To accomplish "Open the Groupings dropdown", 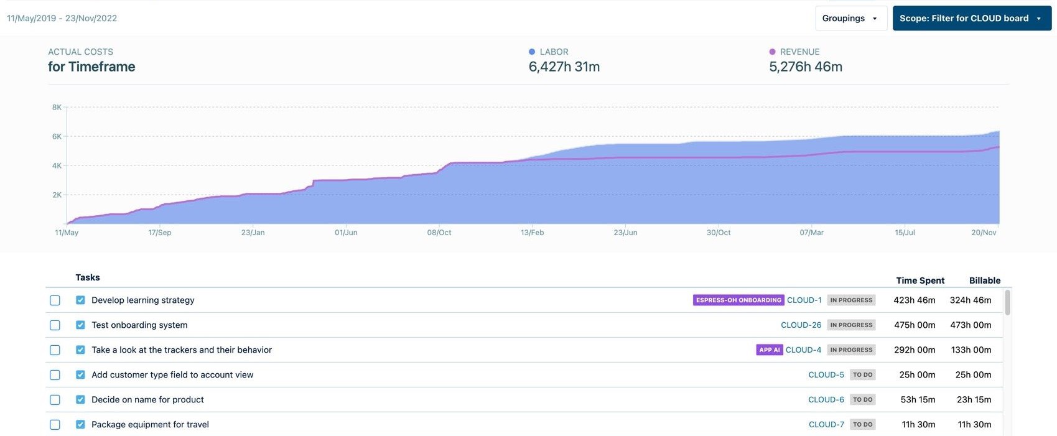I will click(x=850, y=19).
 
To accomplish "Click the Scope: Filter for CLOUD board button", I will click(x=971, y=19).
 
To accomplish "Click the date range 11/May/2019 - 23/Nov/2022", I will click(x=62, y=19).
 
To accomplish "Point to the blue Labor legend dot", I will click(x=532, y=52).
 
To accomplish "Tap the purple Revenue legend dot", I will click(x=773, y=52).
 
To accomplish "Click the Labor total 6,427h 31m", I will click(x=564, y=67).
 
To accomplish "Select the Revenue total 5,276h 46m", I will click(x=806, y=67).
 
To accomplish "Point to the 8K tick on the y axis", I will click(x=57, y=108).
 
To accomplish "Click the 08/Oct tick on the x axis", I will click(x=439, y=233).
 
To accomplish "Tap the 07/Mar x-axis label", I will click(x=811, y=233).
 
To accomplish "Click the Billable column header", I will click(x=984, y=281).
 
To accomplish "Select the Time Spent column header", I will click(x=920, y=281).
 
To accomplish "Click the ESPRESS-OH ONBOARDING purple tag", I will click(x=738, y=300).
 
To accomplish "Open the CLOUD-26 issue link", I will click(x=801, y=325).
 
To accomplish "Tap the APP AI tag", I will click(x=769, y=350).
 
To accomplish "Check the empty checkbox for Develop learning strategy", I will click(x=55, y=300).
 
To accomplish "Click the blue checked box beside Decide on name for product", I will click(x=80, y=400).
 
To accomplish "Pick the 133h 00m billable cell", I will click(x=971, y=350).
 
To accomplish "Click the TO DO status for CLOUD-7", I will click(x=862, y=425).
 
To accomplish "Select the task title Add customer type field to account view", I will click(x=172, y=375).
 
